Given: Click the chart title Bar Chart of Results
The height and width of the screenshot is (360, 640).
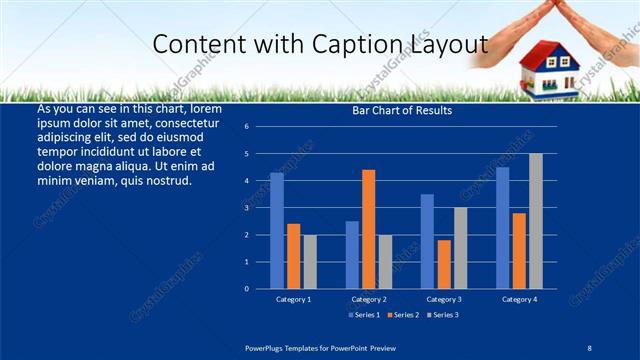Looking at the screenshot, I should click(402, 110).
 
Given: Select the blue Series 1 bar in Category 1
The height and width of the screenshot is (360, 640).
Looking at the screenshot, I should click(276, 231).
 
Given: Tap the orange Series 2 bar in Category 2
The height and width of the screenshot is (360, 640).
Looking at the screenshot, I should click(368, 229).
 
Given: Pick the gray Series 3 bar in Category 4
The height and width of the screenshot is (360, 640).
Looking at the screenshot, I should click(536, 221).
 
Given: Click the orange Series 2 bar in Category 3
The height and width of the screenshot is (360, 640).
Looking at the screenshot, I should click(444, 264).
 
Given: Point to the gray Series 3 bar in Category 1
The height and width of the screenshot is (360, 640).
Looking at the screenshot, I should click(310, 262).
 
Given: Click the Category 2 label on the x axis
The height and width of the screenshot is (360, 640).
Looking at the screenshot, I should click(368, 299).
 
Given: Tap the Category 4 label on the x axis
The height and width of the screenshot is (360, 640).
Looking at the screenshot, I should click(519, 299).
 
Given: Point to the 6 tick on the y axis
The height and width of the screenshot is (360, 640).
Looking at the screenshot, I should click(246, 127).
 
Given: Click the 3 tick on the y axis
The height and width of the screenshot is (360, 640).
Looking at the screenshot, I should click(246, 208).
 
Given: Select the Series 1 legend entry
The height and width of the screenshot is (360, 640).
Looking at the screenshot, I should click(363, 315).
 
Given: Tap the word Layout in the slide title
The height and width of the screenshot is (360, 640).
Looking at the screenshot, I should click(447, 44).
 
